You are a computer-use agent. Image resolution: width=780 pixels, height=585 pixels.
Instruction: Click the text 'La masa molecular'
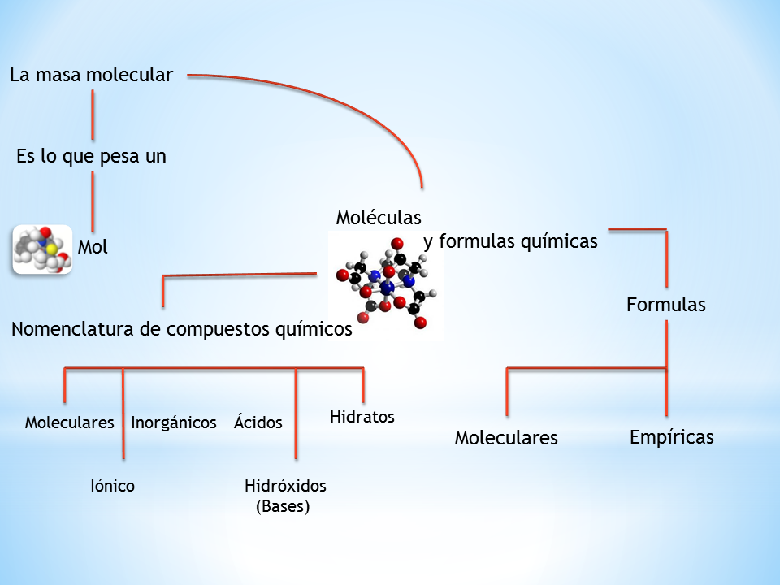[91, 76]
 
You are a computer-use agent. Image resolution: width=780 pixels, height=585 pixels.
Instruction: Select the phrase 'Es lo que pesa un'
[91, 157]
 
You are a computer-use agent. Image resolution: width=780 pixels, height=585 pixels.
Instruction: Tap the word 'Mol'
[93, 247]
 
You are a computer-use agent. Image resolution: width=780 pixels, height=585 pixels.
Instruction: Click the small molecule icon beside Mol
[42, 249]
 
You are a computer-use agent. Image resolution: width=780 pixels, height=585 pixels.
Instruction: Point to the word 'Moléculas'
[379, 218]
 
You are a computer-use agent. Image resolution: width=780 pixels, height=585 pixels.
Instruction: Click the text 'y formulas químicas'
[511, 241]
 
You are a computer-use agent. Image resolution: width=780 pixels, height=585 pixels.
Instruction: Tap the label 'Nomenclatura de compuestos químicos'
[182, 329]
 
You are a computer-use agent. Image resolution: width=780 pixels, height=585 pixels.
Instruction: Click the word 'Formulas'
[665, 305]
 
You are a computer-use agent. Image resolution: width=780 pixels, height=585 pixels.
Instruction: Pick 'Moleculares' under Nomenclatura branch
[69, 422]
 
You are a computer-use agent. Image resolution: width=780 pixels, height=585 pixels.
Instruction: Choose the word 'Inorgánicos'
[174, 422]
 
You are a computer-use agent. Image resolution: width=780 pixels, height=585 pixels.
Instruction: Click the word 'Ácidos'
[258, 422]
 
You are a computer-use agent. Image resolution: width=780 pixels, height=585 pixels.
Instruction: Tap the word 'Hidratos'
[362, 417]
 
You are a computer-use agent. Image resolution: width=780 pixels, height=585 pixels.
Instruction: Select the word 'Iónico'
[112, 486]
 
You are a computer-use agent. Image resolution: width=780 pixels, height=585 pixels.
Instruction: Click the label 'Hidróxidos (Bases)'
[284, 496]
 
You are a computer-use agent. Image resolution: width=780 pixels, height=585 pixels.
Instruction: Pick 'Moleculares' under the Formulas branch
[506, 438]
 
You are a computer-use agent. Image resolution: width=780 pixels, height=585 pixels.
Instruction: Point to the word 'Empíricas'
[672, 437]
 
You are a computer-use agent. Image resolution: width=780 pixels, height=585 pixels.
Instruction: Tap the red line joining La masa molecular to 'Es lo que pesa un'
[93, 115]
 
